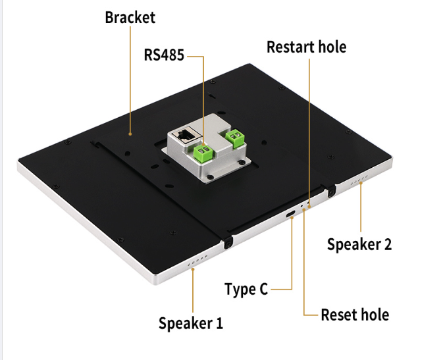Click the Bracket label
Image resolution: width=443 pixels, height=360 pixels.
pos(130,17)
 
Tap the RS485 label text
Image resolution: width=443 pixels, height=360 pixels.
pos(164,55)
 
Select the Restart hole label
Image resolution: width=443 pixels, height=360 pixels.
pos(306,47)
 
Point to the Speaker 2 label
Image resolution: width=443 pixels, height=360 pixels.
pos(359,244)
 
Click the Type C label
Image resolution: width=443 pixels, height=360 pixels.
pos(246,289)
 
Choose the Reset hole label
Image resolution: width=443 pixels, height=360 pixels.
pos(354,315)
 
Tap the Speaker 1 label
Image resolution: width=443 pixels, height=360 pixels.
pos(190,323)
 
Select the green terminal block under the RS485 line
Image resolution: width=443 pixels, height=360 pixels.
pos(204,153)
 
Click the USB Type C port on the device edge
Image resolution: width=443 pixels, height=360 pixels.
pos(290,215)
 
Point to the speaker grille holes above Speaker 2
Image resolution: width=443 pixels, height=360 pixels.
pos(358,184)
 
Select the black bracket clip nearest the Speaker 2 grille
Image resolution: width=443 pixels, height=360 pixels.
pos(331,190)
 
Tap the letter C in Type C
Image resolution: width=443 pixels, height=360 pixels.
pos(263,289)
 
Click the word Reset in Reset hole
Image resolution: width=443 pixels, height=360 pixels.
pos(338,315)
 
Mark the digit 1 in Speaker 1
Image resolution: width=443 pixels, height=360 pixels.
pos(219,323)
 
